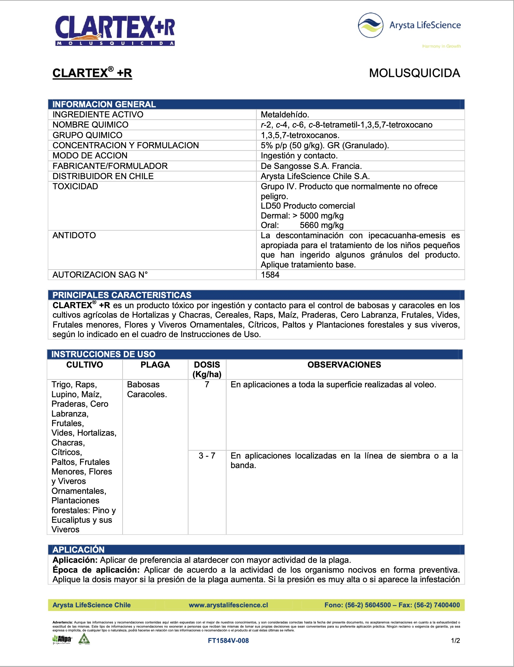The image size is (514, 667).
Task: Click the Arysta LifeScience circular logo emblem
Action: [370, 25]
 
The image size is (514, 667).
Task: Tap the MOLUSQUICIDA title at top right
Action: [414, 73]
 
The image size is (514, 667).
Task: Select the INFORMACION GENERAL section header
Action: [104, 104]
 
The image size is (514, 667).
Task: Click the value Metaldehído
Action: [285, 115]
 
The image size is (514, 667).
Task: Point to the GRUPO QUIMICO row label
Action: [87, 135]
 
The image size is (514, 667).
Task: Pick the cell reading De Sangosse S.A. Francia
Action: [311, 166]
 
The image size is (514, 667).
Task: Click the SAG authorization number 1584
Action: [270, 275]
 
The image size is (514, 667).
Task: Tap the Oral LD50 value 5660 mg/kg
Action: [321, 225]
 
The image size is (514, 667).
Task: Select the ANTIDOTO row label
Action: [74, 235]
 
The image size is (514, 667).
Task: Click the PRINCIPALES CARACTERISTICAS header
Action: [122, 295]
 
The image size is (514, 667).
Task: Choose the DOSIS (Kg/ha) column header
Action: [207, 369]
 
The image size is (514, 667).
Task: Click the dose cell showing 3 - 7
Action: [207, 456]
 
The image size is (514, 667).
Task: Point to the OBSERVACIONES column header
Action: [344, 365]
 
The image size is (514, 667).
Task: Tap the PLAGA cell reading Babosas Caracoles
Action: [147, 389]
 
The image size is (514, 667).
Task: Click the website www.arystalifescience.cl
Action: [228, 605]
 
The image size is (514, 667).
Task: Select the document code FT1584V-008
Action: [228, 641]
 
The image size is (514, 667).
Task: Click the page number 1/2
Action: [455, 641]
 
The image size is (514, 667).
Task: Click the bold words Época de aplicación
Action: [96, 570]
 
